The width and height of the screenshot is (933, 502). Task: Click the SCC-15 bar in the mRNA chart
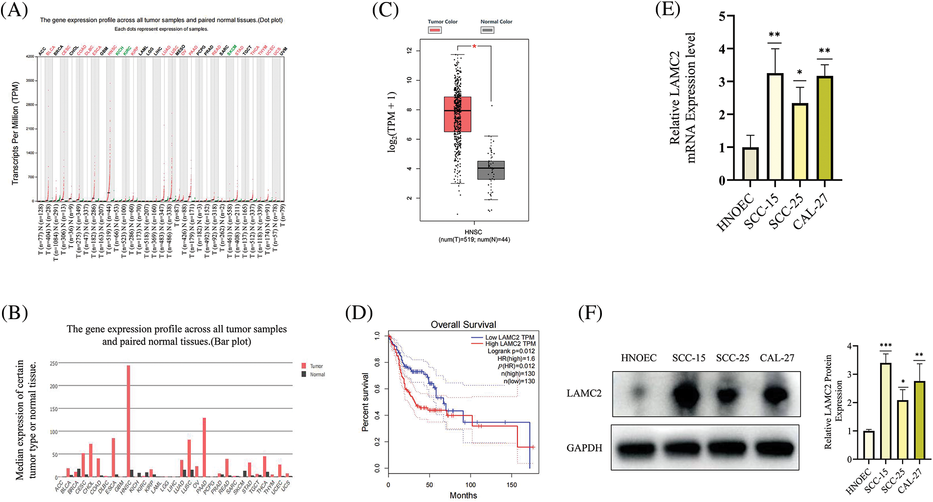775,127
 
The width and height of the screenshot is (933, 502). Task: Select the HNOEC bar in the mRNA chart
750,164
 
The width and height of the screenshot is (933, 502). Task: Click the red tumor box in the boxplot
457,114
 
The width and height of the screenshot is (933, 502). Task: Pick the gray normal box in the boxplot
491,170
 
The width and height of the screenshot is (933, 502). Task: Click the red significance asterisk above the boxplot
474,47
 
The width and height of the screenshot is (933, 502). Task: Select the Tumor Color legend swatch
435,30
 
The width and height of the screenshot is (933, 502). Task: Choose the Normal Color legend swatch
487,30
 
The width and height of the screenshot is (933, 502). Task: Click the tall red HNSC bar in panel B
129,421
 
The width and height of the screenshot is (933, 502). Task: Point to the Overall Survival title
463,325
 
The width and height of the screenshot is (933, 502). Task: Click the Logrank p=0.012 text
511,351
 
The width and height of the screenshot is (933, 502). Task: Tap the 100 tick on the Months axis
470,485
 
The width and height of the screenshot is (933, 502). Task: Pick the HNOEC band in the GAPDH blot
637,448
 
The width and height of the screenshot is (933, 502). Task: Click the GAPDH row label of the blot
584,448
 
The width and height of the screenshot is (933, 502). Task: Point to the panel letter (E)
668,9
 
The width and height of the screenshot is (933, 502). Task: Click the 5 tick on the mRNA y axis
722,16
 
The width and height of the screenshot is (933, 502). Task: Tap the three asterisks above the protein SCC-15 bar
885,346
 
